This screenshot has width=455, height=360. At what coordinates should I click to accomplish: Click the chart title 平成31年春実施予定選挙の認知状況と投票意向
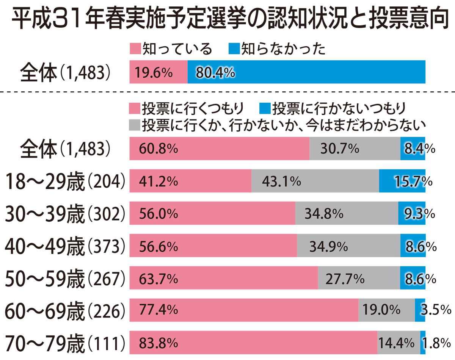(227, 19)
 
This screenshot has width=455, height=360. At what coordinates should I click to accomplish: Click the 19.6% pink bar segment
(158, 72)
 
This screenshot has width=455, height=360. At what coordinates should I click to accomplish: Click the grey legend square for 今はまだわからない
(135, 125)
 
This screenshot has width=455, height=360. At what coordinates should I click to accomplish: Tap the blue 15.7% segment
(402, 181)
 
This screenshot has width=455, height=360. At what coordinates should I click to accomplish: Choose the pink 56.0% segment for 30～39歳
(212, 213)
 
